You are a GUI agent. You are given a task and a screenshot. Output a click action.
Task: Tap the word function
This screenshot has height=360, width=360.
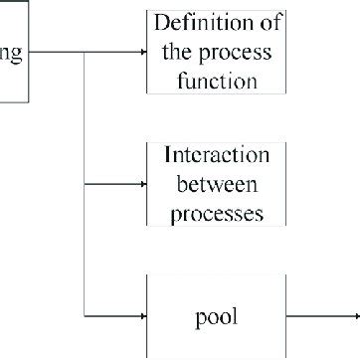tap(216, 82)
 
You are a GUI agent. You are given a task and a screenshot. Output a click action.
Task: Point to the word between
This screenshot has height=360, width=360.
tap(216, 185)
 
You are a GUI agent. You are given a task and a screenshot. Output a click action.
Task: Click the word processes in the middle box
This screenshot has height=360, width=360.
tap(216, 213)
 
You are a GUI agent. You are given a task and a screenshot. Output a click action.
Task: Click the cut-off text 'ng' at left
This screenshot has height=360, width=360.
tap(12, 52)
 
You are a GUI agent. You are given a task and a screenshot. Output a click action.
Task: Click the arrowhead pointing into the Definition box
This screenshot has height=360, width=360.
tap(143, 52)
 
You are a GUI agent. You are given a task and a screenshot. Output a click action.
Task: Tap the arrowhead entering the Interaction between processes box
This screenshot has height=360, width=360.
tap(143, 184)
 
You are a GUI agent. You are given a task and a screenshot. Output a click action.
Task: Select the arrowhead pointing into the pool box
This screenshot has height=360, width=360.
tap(143, 316)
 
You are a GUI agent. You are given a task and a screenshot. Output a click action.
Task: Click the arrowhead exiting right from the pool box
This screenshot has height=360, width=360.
tap(355, 316)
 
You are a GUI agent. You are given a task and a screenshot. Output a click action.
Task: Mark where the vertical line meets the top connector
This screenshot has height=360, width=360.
tap(88, 52)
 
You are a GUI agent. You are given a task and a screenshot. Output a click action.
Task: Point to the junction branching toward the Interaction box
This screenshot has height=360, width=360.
tap(88, 184)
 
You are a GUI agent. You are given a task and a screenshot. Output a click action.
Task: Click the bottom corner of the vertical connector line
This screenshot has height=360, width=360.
tap(88, 316)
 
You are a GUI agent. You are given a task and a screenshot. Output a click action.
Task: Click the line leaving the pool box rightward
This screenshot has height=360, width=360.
tap(318, 316)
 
